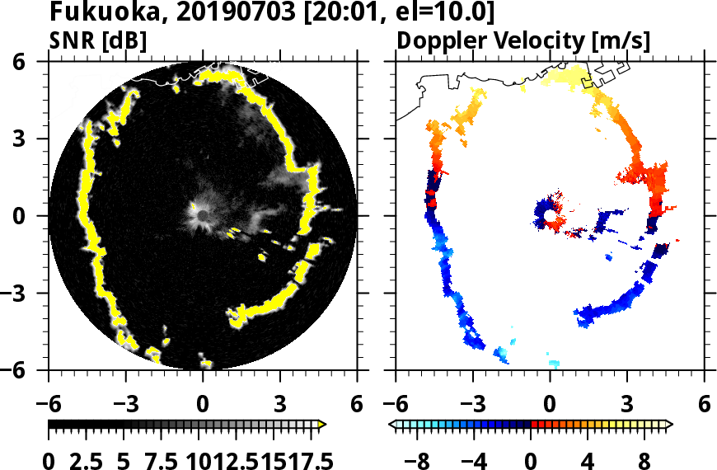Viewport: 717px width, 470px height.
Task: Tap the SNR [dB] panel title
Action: point(98,40)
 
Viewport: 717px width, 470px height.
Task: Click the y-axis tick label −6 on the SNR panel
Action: point(30,370)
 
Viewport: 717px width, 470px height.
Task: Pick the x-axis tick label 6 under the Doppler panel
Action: point(704,404)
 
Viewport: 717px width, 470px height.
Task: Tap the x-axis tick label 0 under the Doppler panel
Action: point(550,404)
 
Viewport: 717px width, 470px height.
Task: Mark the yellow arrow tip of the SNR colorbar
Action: point(323,425)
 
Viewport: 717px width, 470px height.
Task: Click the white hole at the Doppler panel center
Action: point(549,216)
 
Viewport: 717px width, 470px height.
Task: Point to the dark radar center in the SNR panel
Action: point(202,215)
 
